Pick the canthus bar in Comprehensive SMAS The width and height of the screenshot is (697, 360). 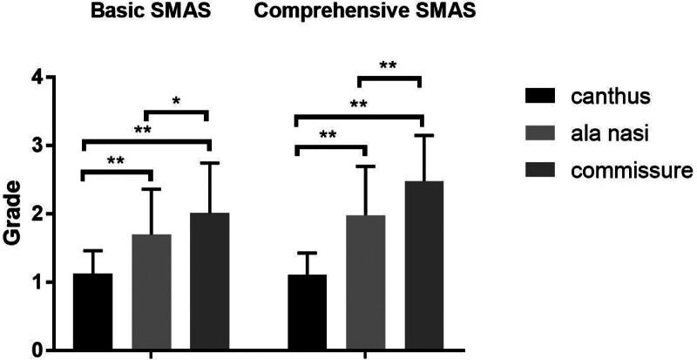pos(306,313)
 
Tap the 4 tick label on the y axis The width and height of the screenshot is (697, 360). pos(37,78)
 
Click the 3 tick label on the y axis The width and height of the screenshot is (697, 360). pos(37,146)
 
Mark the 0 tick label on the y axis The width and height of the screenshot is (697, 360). pos(37,350)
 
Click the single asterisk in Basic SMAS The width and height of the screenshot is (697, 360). pos(176,102)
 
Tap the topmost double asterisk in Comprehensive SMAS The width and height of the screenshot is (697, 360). pos(389,66)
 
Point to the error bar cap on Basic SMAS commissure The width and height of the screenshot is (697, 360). pos(209,162)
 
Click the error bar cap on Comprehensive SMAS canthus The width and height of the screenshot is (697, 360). pos(306,253)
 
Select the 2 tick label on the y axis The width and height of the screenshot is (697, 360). pos(37,214)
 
